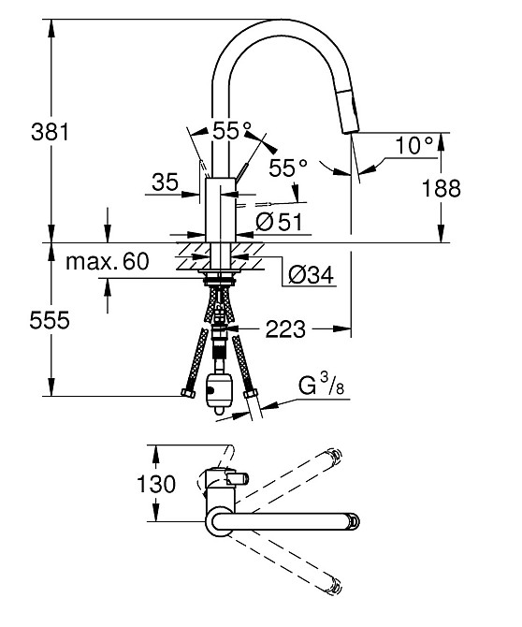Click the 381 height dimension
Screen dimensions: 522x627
50,132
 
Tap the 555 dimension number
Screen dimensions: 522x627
50,320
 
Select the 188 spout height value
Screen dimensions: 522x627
442,188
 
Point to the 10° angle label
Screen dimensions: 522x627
414,145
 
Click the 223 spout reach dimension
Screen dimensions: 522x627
285,329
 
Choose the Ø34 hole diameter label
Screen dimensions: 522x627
311,275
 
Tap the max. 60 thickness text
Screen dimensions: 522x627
108,261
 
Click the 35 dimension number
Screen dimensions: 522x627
165,182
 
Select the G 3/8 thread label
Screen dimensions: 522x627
321,386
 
